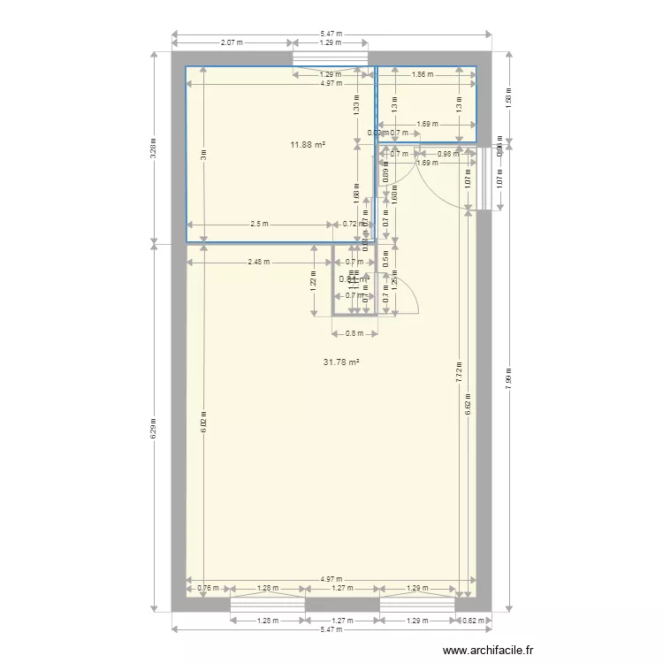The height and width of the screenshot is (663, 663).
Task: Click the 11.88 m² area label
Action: click(x=309, y=144)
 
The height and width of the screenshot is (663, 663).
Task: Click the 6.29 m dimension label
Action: click(x=154, y=427)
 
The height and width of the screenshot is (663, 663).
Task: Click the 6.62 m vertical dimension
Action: click(x=468, y=403)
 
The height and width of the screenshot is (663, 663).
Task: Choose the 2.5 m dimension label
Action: click(x=259, y=225)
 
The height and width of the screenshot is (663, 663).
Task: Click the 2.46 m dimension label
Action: click(x=259, y=262)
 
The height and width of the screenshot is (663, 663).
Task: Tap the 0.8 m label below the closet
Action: click(x=354, y=333)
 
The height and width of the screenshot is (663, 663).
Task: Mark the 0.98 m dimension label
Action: click(x=448, y=154)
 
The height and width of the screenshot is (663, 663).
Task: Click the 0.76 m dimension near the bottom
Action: click(x=207, y=588)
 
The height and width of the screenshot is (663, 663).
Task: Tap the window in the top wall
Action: click(x=330, y=58)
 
